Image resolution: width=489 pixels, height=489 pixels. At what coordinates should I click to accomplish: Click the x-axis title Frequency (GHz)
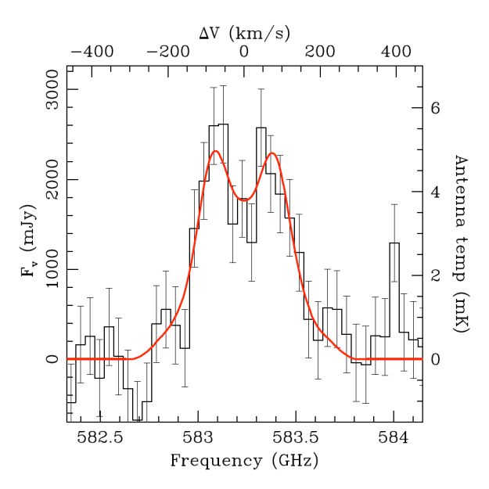click(244, 461)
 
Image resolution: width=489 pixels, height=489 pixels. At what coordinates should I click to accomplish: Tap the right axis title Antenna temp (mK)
click(460, 243)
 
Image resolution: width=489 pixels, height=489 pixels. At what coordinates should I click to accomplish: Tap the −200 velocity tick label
click(167, 52)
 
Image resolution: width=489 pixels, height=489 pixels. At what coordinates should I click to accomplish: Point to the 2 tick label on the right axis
click(436, 275)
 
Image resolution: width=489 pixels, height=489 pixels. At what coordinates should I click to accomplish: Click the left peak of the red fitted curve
click(215, 151)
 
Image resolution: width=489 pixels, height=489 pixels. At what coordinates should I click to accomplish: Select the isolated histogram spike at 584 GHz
click(394, 243)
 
